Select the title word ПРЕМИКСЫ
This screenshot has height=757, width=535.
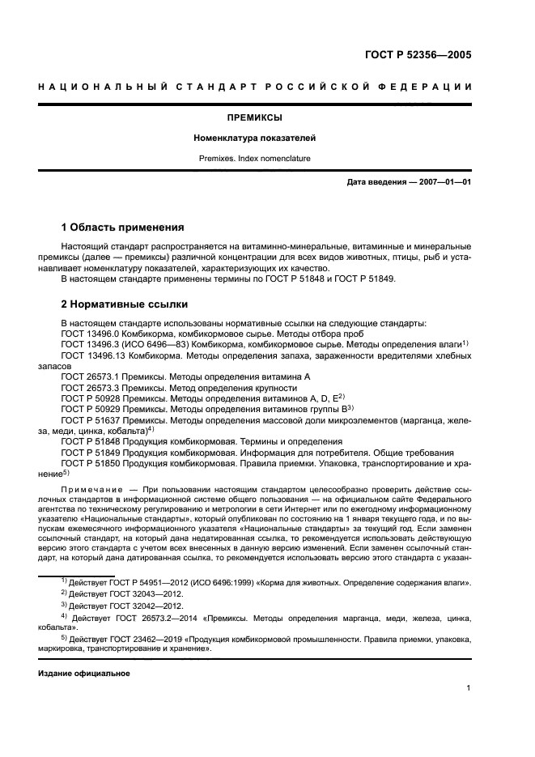click(267, 118)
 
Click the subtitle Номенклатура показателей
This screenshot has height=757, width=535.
click(267, 138)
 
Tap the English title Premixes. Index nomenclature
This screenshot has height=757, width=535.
click(267, 159)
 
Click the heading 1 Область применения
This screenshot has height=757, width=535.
click(123, 227)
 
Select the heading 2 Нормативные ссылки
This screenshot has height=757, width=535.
click(125, 305)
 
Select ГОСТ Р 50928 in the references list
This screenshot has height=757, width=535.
click(91, 398)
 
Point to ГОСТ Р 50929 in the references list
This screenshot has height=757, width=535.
click(91, 408)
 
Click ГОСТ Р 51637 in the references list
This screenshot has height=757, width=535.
click(91, 419)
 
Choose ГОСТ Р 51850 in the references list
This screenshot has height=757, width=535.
click(91, 462)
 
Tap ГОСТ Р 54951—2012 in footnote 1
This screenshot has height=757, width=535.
click(148, 582)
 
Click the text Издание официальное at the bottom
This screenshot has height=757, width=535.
click(83, 673)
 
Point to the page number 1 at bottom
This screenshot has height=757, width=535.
click(469, 688)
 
